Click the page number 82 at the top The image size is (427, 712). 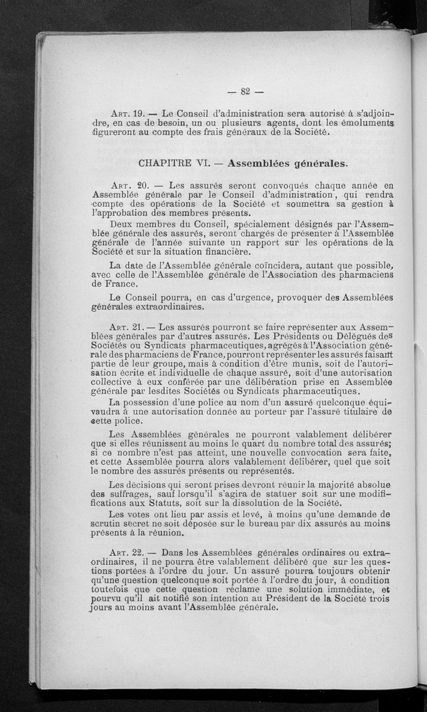coord(246,91)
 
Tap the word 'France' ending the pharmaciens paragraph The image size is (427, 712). coord(109,285)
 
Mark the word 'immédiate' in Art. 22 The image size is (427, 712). coord(351,590)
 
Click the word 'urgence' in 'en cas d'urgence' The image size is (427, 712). coord(225,298)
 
